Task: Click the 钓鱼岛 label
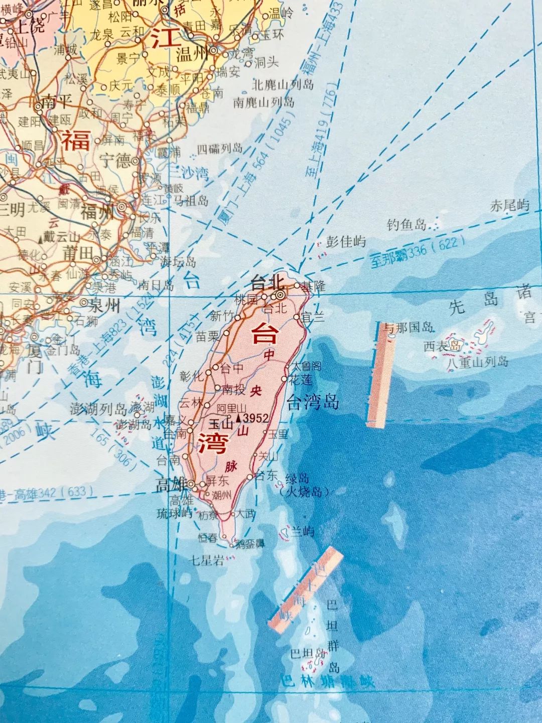(406, 224)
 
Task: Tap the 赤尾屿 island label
(510, 205)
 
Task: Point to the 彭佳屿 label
(346, 242)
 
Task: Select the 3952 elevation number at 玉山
(255, 418)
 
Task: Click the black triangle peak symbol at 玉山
(238, 418)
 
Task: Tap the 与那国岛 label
(408, 328)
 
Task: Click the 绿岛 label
(297, 478)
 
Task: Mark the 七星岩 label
(207, 560)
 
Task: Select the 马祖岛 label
(191, 201)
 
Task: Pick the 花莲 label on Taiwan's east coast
(301, 380)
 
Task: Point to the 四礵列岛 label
(219, 149)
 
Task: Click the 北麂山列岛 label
(283, 84)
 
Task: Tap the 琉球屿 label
(174, 513)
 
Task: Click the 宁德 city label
(115, 161)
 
